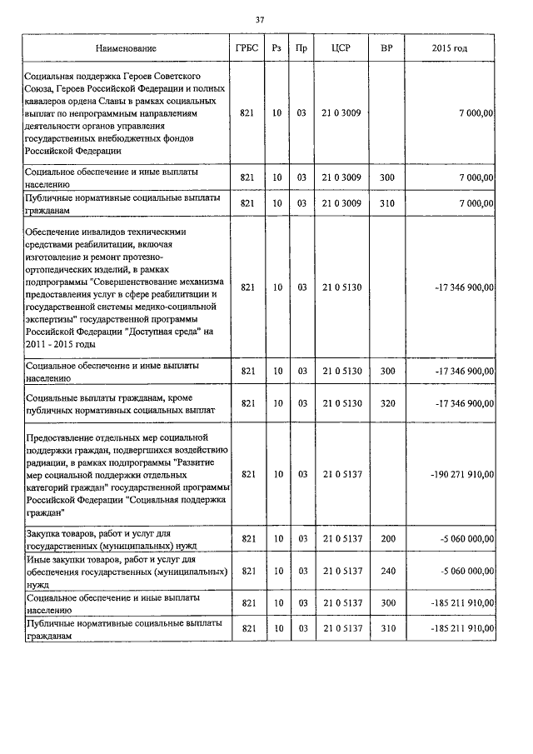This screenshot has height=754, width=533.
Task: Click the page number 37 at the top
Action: (x=260, y=19)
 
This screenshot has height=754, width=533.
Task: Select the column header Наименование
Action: (x=125, y=49)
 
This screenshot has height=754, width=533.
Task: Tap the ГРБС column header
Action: (x=246, y=49)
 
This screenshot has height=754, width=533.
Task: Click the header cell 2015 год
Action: (x=450, y=49)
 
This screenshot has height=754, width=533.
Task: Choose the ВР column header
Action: (x=386, y=49)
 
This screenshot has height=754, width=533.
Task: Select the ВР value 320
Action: (x=387, y=403)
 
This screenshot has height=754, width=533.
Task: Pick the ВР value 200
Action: (x=387, y=539)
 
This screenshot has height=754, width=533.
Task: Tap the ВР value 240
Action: (x=387, y=571)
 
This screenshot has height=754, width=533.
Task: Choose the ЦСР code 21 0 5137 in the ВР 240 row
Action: (x=341, y=571)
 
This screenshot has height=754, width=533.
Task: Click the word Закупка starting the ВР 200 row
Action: (x=46, y=533)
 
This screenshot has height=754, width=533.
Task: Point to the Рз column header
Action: (x=276, y=49)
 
